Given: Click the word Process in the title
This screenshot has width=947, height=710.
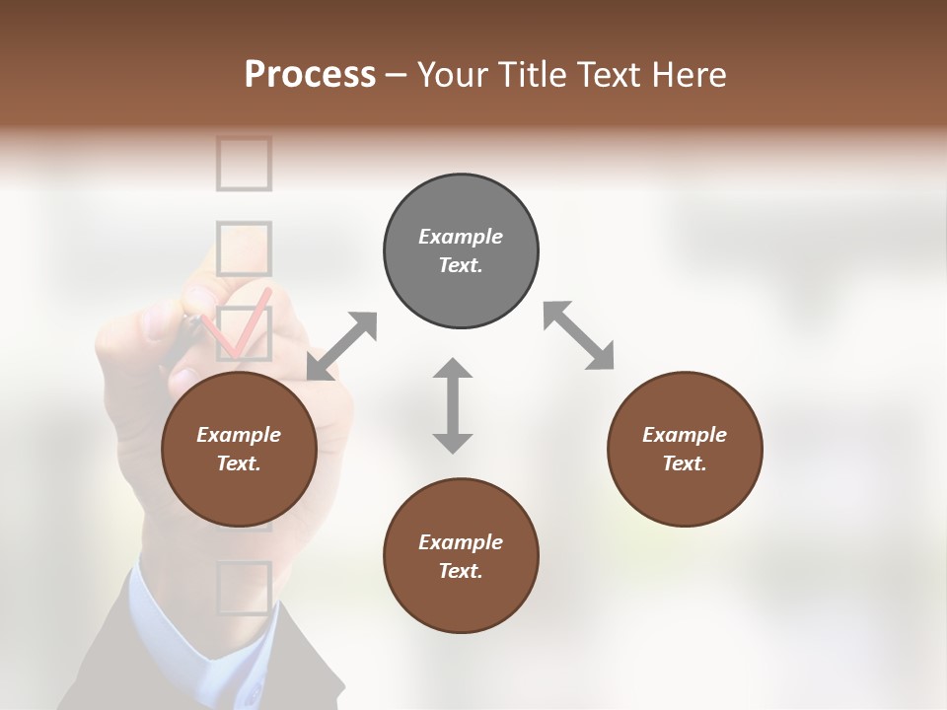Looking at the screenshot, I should tap(310, 75).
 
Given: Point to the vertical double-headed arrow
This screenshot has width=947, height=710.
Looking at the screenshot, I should tap(453, 405).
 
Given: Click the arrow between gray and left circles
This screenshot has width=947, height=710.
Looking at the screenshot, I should tap(341, 346).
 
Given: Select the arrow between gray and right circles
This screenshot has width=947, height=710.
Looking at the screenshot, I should tap(578, 335).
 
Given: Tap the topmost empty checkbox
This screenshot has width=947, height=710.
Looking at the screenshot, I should tap(244, 163).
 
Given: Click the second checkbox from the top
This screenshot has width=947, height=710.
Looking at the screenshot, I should tap(244, 248).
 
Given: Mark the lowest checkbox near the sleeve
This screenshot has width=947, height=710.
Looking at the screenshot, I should tap(244, 589).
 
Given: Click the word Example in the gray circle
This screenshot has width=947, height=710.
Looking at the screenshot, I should tap(461, 237).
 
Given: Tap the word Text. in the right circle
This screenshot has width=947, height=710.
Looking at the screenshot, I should tap(685, 463).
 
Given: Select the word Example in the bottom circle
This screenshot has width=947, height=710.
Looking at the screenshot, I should tap(461, 542).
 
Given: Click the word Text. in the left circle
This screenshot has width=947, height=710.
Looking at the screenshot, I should tap(239, 463).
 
